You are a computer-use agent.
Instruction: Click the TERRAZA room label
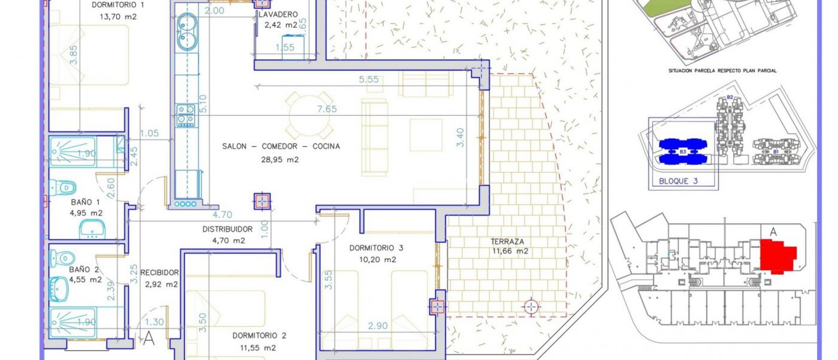click(x=507, y=241)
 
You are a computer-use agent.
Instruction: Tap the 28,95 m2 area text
click(x=280, y=160)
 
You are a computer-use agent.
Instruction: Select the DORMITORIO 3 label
click(x=376, y=248)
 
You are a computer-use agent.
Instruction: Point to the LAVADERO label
click(x=278, y=14)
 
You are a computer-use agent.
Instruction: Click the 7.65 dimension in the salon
click(x=327, y=109)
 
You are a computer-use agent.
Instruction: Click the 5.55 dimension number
click(x=369, y=79)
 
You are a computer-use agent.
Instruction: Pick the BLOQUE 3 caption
click(x=678, y=181)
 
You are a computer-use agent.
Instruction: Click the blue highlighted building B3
click(x=682, y=152)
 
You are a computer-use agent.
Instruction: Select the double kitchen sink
click(x=187, y=32)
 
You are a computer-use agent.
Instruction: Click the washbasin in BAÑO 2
click(x=58, y=289)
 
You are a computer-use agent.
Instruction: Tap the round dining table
click(x=309, y=116)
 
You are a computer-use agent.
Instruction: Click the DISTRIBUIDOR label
click(x=228, y=229)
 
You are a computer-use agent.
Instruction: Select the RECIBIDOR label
click(x=160, y=272)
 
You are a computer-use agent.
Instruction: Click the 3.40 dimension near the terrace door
click(x=461, y=137)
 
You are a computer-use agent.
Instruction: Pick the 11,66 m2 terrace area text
click(x=510, y=251)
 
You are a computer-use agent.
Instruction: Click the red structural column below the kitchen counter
click(x=262, y=201)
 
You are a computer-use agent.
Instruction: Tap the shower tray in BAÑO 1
click(x=73, y=152)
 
